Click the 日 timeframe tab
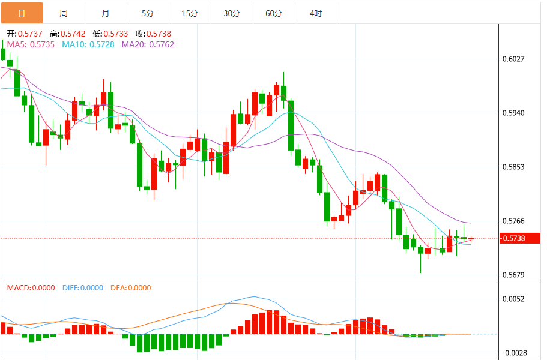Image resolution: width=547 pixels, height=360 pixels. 22,13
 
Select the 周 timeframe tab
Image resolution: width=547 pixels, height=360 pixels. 64,13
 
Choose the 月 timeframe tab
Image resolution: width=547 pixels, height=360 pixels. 106,13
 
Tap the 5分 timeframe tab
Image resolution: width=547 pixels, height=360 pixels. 148,13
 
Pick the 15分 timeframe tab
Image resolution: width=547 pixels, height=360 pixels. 190,13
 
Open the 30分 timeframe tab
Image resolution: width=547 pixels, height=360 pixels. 232,13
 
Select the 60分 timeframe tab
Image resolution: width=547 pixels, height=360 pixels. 274,13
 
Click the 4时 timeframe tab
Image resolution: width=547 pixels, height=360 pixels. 316,13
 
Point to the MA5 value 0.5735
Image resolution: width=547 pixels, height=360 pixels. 42,44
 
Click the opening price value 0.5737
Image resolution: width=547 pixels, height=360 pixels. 30,34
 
